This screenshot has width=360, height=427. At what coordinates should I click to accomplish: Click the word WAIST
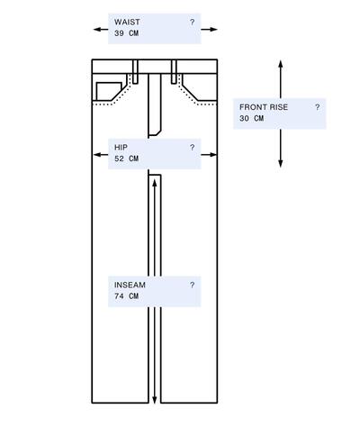pyautogui.click(x=127, y=23)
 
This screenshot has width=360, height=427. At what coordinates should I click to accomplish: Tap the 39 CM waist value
pyautogui.click(x=126, y=33)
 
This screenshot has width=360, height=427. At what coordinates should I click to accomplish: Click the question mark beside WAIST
pyautogui.click(x=192, y=23)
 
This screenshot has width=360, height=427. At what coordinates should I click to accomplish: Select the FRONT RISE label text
pyautogui.click(x=264, y=107)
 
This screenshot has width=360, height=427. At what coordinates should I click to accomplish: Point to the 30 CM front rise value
pyautogui.click(x=251, y=118)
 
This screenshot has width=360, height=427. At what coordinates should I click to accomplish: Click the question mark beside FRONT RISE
pyautogui.click(x=318, y=107)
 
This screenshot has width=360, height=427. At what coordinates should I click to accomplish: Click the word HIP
pyautogui.click(x=121, y=148)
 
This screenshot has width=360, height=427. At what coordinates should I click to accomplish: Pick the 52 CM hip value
pyautogui.click(x=126, y=159)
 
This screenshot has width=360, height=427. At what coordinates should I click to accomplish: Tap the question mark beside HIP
pyautogui.click(x=192, y=148)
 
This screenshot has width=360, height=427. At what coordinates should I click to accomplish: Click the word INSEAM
pyautogui.click(x=130, y=285)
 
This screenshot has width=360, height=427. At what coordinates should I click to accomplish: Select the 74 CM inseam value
pyautogui.click(x=126, y=296)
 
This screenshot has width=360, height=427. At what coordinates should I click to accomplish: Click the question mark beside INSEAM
pyautogui.click(x=192, y=285)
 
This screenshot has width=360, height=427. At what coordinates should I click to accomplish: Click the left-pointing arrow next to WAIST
pyautogui.click(x=101, y=30)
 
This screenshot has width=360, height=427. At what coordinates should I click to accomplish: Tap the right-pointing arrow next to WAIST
pyautogui.click(x=209, y=30)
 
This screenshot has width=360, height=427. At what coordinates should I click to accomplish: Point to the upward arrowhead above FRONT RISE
pyautogui.click(x=281, y=64)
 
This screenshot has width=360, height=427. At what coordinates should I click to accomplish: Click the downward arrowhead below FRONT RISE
pyautogui.click(x=281, y=163)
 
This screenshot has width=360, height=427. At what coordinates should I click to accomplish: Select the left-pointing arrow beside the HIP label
pyautogui.click(x=101, y=155)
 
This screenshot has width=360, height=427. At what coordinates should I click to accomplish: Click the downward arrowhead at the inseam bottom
pyautogui.click(x=155, y=400)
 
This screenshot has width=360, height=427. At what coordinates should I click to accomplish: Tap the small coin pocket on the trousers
pyautogui.click(x=109, y=91)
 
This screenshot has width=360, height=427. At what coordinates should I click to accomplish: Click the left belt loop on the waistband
pyautogui.click(x=135, y=71)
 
